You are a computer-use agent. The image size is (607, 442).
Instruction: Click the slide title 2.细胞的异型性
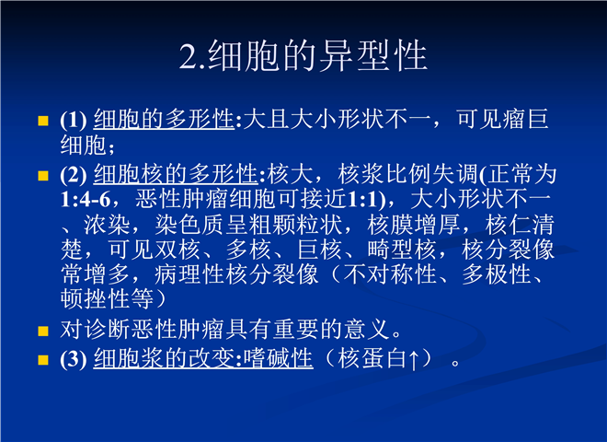pos(303,56)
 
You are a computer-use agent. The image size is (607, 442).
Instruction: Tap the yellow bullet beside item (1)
pos(43,121)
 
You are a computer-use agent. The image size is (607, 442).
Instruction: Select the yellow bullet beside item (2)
pos(43,176)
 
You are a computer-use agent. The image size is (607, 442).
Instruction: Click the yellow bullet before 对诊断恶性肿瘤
pos(43,331)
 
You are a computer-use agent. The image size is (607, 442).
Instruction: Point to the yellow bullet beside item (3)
pos(43,360)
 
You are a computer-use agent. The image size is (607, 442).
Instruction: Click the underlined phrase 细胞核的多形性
pos(176,174)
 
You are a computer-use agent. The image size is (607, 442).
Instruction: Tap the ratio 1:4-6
pos(86,200)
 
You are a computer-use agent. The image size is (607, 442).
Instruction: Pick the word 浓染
pos(107,225)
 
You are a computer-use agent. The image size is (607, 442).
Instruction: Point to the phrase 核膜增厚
pos(413,225)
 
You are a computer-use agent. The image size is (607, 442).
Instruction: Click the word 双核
pos(177,250)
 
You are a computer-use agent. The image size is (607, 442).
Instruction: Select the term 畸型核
pos(402,250)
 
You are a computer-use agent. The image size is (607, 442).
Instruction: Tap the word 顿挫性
pos(96,299)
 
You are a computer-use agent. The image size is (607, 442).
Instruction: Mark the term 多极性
pos(497,274)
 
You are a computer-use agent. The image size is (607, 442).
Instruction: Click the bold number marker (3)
pos(74,358)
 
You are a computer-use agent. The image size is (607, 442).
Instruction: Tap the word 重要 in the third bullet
pos(296,330)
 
